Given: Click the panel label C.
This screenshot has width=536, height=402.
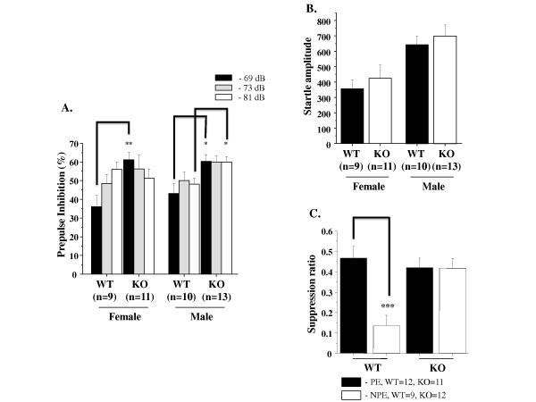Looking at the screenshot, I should (312, 214).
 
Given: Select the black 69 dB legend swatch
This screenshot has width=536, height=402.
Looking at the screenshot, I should (233, 78).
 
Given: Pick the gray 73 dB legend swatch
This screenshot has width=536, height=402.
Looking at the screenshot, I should (233, 89).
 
